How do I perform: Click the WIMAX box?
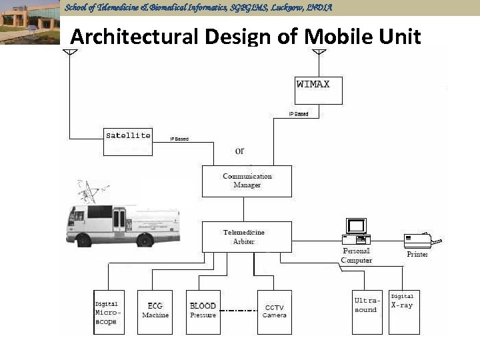pos(319,91)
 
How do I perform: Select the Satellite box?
pos(128,140)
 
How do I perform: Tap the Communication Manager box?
pos(247,181)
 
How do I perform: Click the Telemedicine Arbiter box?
pos(247,237)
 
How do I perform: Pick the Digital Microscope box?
pos(107,312)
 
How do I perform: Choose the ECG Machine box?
pos(155,312)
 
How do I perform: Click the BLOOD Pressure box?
pos(203,312)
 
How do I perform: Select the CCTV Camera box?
pos(274,312)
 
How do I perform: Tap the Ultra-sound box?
pos(367,312)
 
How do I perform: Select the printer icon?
pos(419,240)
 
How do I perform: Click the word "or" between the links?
pos(239,151)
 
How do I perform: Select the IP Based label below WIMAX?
pos(299,114)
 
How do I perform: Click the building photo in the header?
pos(30,22)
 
